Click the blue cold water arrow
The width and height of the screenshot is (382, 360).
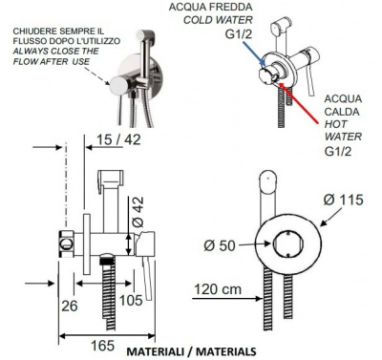point(254,53)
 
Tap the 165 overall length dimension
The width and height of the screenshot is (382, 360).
point(102,346)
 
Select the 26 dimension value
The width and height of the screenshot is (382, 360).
point(70,306)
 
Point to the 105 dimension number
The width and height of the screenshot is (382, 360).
point(131,300)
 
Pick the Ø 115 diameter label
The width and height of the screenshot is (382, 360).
point(343,200)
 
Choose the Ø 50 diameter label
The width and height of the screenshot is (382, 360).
point(220,245)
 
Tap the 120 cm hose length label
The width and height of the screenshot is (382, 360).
point(218,289)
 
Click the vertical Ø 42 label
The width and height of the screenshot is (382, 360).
point(138,212)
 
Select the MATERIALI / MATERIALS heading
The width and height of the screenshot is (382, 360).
point(191,351)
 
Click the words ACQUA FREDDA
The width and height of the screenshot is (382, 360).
point(210,7)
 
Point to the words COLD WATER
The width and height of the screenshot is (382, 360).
point(218,20)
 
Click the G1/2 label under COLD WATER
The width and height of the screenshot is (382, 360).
point(239,33)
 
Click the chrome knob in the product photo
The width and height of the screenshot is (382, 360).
point(118,85)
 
